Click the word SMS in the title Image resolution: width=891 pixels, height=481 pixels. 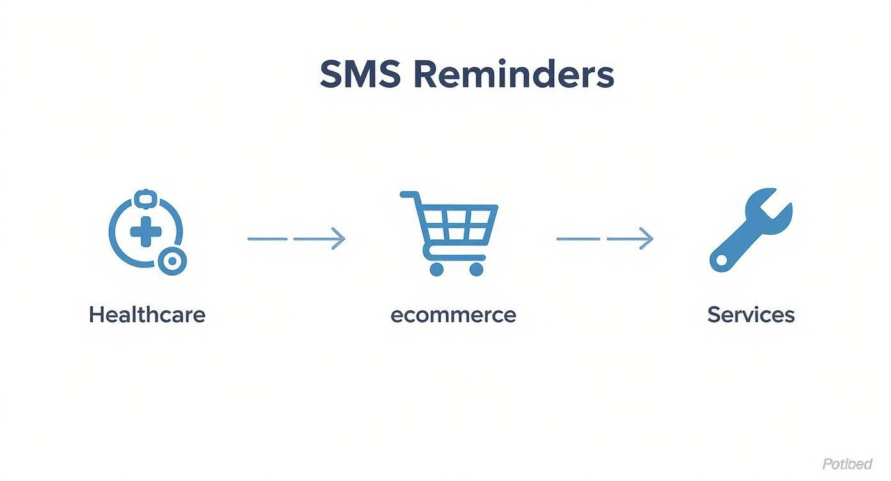[x=360, y=75]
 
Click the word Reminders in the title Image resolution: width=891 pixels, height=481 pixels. [x=513, y=75]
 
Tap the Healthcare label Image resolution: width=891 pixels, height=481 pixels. [x=147, y=315]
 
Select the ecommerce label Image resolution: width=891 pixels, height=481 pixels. [x=453, y=315]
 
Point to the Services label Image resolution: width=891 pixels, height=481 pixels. [x=751, y=315]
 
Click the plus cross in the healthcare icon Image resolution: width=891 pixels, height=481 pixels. [x=145, y=230]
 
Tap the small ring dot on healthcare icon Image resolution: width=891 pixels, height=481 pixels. [x=172, y=261]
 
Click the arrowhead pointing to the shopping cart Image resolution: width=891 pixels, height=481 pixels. [x=339, y=239]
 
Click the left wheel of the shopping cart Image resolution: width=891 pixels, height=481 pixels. [x=437, y=269]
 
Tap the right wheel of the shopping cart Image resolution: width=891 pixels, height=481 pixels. [x=476, y=269]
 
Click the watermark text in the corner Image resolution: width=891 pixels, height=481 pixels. [x=847, y=464]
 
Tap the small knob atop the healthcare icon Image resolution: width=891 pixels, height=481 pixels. [x=145, y=198]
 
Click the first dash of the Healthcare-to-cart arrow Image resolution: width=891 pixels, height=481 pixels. [x=268, y=239]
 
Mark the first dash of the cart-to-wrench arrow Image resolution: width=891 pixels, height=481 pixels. [x=577, y=239]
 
